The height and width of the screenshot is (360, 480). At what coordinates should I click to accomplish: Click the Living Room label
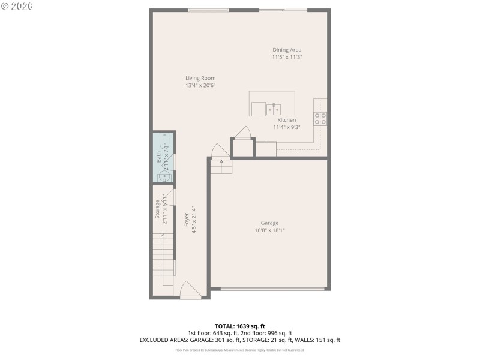click(x=200, y=78)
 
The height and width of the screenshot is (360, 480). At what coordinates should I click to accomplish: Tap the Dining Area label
click(x=287, y=50)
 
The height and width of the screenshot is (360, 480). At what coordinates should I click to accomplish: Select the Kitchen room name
click(x=286, y=120)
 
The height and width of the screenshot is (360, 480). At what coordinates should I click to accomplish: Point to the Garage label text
click(x=269, y=223)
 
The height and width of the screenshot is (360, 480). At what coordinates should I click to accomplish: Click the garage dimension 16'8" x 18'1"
click(x=269, y=230)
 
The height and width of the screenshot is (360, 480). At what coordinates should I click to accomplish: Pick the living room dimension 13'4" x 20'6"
click(x=200, y=85)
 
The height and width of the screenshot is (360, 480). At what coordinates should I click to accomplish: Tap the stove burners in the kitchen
click(x=320, y=118)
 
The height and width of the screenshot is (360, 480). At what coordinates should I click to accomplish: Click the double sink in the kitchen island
click(x=274, y=109)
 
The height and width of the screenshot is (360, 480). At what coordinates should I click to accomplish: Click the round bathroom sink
click(x=164, y=176)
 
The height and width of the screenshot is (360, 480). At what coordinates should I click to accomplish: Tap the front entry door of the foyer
click(x=191, y=290)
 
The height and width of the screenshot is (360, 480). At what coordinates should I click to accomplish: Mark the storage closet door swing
click(x=170, y=198)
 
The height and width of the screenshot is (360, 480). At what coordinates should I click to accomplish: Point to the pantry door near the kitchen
click(x=243, y=133)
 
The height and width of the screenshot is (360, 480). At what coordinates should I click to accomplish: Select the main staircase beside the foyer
click(x=163, y=255)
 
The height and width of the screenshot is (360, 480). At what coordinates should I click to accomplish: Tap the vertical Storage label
click(x=157, y=208)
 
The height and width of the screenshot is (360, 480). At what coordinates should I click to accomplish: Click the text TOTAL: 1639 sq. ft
click(x=239, y=326)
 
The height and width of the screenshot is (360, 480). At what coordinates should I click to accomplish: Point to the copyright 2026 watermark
click(x=17, y=6)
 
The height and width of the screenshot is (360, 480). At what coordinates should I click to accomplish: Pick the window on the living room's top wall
click(x=208, y=10)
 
